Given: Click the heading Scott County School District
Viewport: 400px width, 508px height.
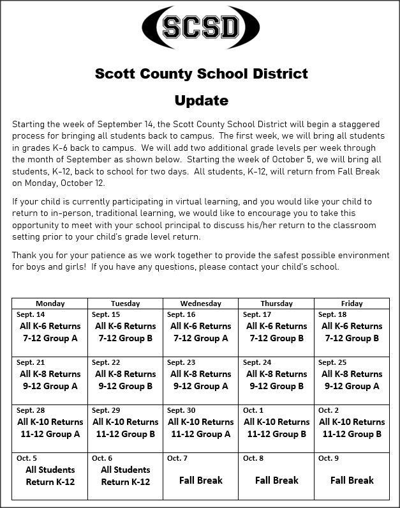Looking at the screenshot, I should (x=201, y=73).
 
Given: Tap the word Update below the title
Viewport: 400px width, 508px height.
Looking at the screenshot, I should (x=201, y=100).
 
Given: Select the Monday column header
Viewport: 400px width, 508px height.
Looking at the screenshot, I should (x=50, y=304).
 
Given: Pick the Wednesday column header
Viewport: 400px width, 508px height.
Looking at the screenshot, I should (x=200, y=304).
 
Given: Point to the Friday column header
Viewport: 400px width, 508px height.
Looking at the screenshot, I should (x=352, y=304).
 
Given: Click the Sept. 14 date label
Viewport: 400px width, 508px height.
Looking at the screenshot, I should (x=31, y=314).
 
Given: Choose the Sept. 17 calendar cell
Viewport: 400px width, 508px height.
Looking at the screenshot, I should (x=276, y=332).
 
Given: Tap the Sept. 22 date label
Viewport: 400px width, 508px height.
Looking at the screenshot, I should (x=106, y=362).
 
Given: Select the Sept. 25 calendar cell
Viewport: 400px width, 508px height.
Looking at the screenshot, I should (x=352, y=380).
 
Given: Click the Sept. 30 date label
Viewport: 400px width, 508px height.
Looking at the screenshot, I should (x=181, y=410).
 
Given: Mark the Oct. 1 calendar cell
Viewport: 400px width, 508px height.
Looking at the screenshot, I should (x=276, y=428).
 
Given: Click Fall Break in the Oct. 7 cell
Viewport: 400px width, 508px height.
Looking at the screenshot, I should (x=200, y=480).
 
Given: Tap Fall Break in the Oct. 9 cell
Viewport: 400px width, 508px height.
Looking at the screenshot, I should (x=352, y=480).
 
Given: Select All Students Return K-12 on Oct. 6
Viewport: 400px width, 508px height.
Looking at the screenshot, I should (x=126, y=476).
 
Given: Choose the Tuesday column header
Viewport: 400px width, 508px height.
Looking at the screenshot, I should (x=125, y=304).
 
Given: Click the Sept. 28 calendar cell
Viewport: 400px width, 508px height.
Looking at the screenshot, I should (x=50, y=428).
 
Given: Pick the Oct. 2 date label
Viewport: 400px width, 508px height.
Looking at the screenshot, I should (x=329, y=410).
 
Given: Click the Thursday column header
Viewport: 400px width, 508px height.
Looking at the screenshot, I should (x=276, y=304).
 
